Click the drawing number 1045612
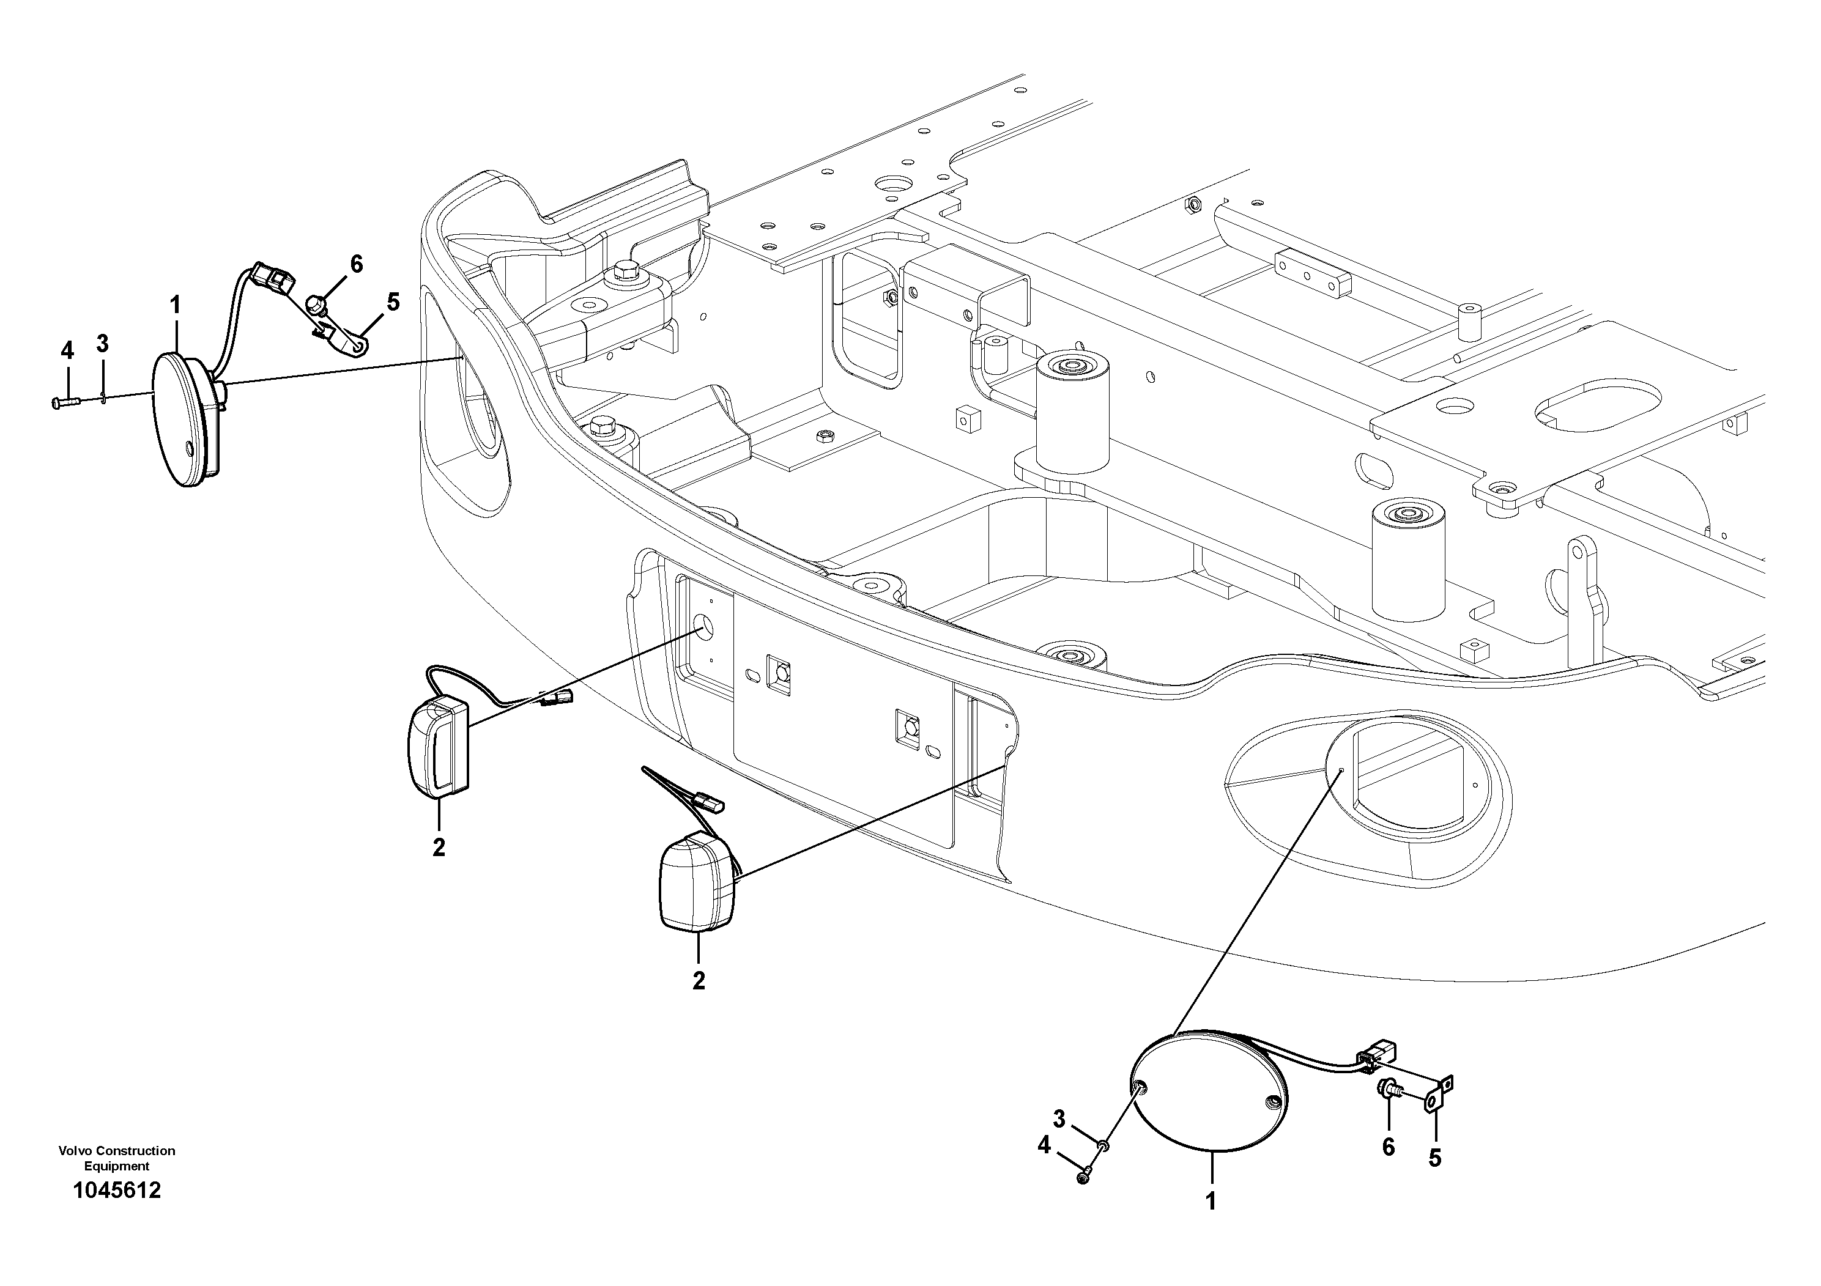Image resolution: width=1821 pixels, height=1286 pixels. click(x=117, y=1190)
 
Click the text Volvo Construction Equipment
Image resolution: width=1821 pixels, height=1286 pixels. click(x=117, y=1158)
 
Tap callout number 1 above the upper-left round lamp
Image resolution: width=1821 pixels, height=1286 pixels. click(x=176, y=305)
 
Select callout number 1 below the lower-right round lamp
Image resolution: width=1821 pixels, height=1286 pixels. click(x=1211, y=1201)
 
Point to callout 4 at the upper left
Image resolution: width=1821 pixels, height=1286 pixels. click(x=67, y=350)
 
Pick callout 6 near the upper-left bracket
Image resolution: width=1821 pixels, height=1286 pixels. click(x=356, y=264)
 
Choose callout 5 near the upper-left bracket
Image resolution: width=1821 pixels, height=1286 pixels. click(x=393, y=302)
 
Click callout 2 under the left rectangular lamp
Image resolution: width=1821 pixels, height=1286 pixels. click(x=439, y=848)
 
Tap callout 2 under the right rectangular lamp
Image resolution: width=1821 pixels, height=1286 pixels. click(x=698, y=981)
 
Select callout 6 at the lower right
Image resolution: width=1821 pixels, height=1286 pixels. click(x=1388, y=1147)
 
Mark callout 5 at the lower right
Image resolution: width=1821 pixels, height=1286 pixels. click(x=1435, y=1158)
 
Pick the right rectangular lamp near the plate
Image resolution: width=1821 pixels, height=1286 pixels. click(x=696, y=881)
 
